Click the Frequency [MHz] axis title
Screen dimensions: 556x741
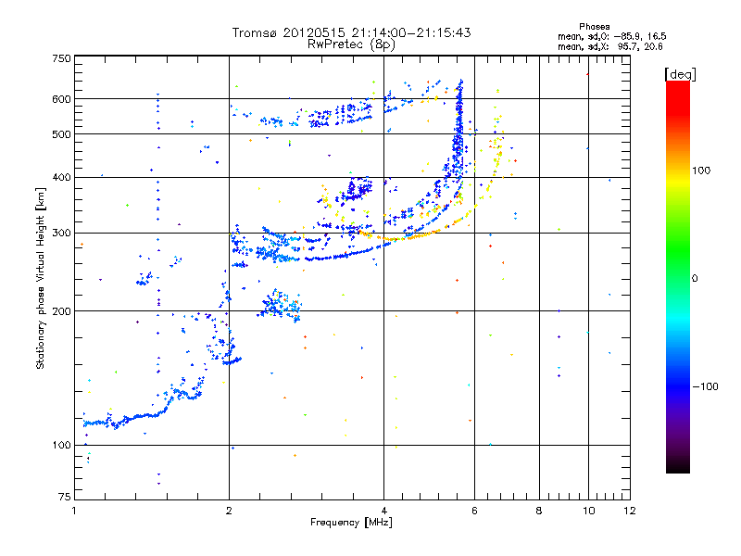click(x=352, y=524)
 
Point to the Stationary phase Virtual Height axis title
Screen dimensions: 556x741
click(x=41, y=278)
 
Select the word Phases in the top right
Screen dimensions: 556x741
click(x=595, y=26)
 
